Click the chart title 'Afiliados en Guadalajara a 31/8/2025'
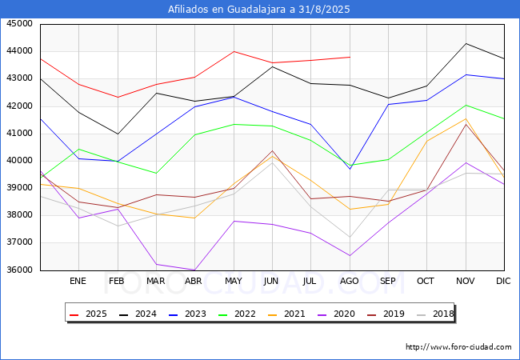coord(258,9)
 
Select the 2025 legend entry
coord(89,314)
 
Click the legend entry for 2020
coord(336,314)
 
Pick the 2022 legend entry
coord(237,314)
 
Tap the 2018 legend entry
coord(435,314)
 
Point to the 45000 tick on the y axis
coord(20,23)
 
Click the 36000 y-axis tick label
coord(20,270)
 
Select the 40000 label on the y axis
coord(20,161)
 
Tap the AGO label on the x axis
coord(350,281)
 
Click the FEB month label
coord(117,281)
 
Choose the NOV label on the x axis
coord(466,281)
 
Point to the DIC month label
coord(503,281)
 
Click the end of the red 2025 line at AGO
coord(350,57)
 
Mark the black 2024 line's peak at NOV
coord(466,43)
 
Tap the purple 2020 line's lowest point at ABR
coord(194,270)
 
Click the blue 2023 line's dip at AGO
coord(350,169)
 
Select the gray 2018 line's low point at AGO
coord(350,237)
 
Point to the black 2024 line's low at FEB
coord(118,134)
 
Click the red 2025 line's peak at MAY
coord(234,51)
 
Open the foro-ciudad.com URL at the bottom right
coord(458,347)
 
